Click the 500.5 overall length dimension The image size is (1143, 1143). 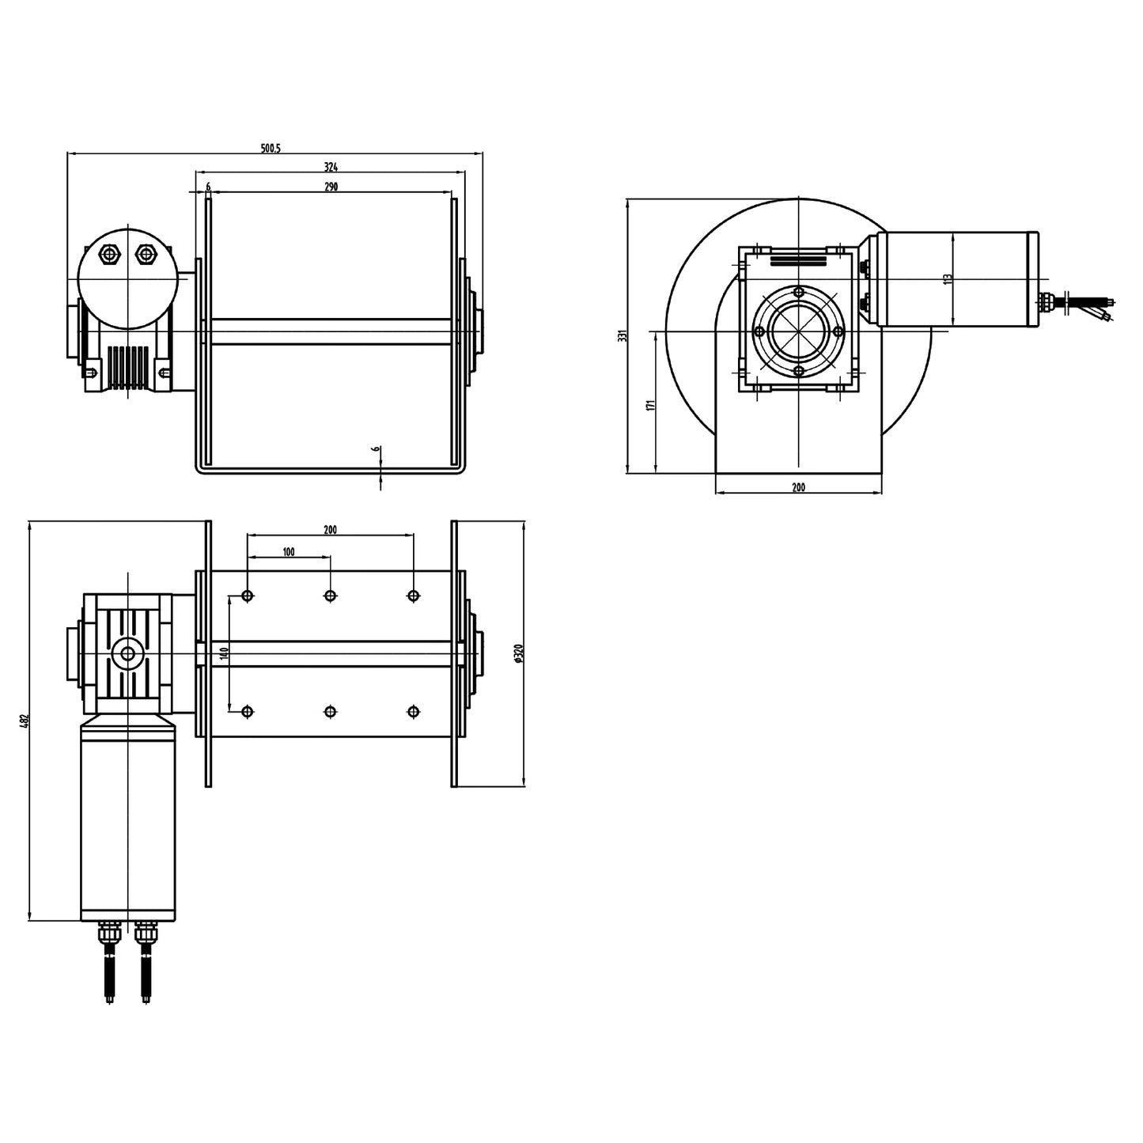click(x=271, y=148)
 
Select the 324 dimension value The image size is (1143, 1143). click(x=331, y=167)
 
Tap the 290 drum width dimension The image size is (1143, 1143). click(x=331, y=187)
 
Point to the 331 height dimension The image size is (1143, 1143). click(x=623, y=335)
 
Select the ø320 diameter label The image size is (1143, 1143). click(x=518, y=653)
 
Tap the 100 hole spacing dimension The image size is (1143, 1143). click(x=289, y=551)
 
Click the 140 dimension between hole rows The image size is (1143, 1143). click(x=225, y=653)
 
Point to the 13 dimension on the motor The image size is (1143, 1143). click(x=948, y=278)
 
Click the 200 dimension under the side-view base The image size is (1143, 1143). click(x=798, y=487)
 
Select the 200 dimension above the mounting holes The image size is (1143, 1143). click(x=331, y=530)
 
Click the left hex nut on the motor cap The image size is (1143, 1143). click(x=108, y=254)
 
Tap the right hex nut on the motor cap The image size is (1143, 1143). click(x=145, y=254)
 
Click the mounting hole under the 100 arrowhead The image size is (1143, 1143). click(x=331, y=596)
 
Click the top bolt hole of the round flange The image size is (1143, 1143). click(x=799, y=293)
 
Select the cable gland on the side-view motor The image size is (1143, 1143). click(x=1046, y=301)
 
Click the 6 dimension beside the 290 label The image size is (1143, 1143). click(x=208, y=187)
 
